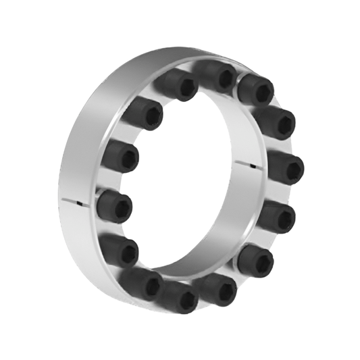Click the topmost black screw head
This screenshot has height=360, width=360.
pos(218,76)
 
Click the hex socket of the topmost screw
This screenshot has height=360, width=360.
pos(226,78)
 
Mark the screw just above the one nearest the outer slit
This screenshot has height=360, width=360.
pos(121,156)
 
